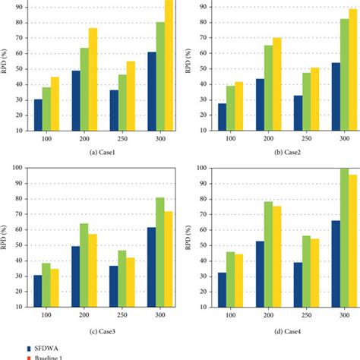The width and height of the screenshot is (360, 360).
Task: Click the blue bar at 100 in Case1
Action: point(38,114)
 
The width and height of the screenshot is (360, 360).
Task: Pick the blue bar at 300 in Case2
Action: point(334,96)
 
